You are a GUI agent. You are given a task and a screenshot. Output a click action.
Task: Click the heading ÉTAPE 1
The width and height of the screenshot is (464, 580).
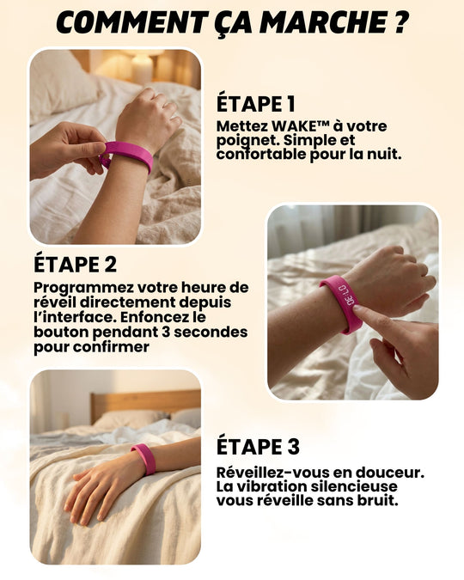[255, 104]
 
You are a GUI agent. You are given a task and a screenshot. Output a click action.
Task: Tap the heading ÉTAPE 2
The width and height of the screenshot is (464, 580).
[75, 263]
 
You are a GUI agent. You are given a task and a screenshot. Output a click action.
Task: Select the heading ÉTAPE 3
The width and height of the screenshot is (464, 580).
[258, 447]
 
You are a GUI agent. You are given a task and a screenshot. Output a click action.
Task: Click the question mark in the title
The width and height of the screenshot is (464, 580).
[399, 22]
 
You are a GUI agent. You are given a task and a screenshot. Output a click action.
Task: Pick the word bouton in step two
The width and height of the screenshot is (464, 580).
[59, 332]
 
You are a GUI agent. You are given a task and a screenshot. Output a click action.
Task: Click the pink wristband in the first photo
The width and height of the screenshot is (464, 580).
[130, 155]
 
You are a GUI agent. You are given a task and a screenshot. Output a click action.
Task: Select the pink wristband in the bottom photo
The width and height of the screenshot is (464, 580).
[145, 458]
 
